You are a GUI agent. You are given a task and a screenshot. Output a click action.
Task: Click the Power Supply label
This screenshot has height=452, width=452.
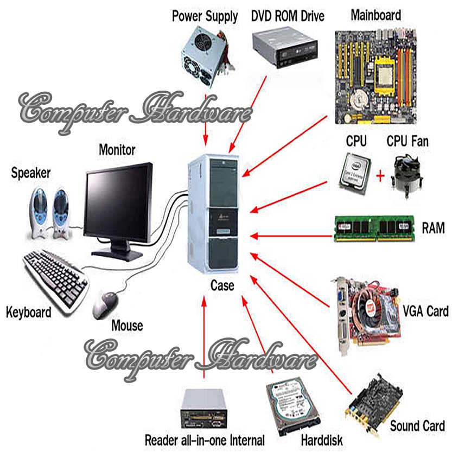coord(205,16)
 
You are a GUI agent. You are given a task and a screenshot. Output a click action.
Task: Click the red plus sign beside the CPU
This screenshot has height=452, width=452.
coord(380,176)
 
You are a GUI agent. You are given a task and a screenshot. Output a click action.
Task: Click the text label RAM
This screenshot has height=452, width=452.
coord(433,228)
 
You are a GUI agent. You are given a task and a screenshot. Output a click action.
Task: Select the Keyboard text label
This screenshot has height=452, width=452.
coord(29,313)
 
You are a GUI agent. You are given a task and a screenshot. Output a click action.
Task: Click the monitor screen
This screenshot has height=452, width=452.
coord(118,204)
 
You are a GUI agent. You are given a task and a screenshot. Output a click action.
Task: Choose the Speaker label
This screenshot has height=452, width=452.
coord(31,173)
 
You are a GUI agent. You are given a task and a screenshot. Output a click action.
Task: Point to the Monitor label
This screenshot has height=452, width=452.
coord(117,149)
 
